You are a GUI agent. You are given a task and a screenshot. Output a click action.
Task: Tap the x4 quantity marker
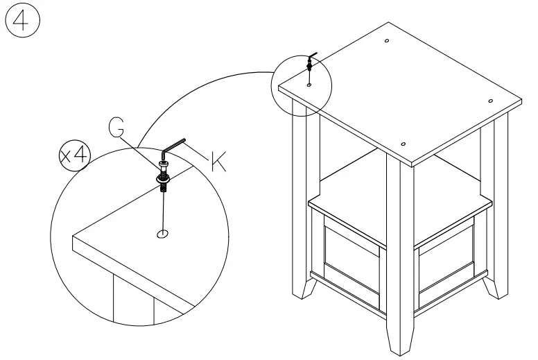pos(73,155)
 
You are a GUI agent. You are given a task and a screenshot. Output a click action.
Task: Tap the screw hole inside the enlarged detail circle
pos(163,234)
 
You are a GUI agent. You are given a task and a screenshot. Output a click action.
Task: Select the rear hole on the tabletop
pos(386,42)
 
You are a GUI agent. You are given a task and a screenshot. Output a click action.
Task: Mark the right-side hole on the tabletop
pos(490,102)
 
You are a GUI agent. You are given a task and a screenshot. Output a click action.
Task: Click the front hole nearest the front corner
pos(403,144)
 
